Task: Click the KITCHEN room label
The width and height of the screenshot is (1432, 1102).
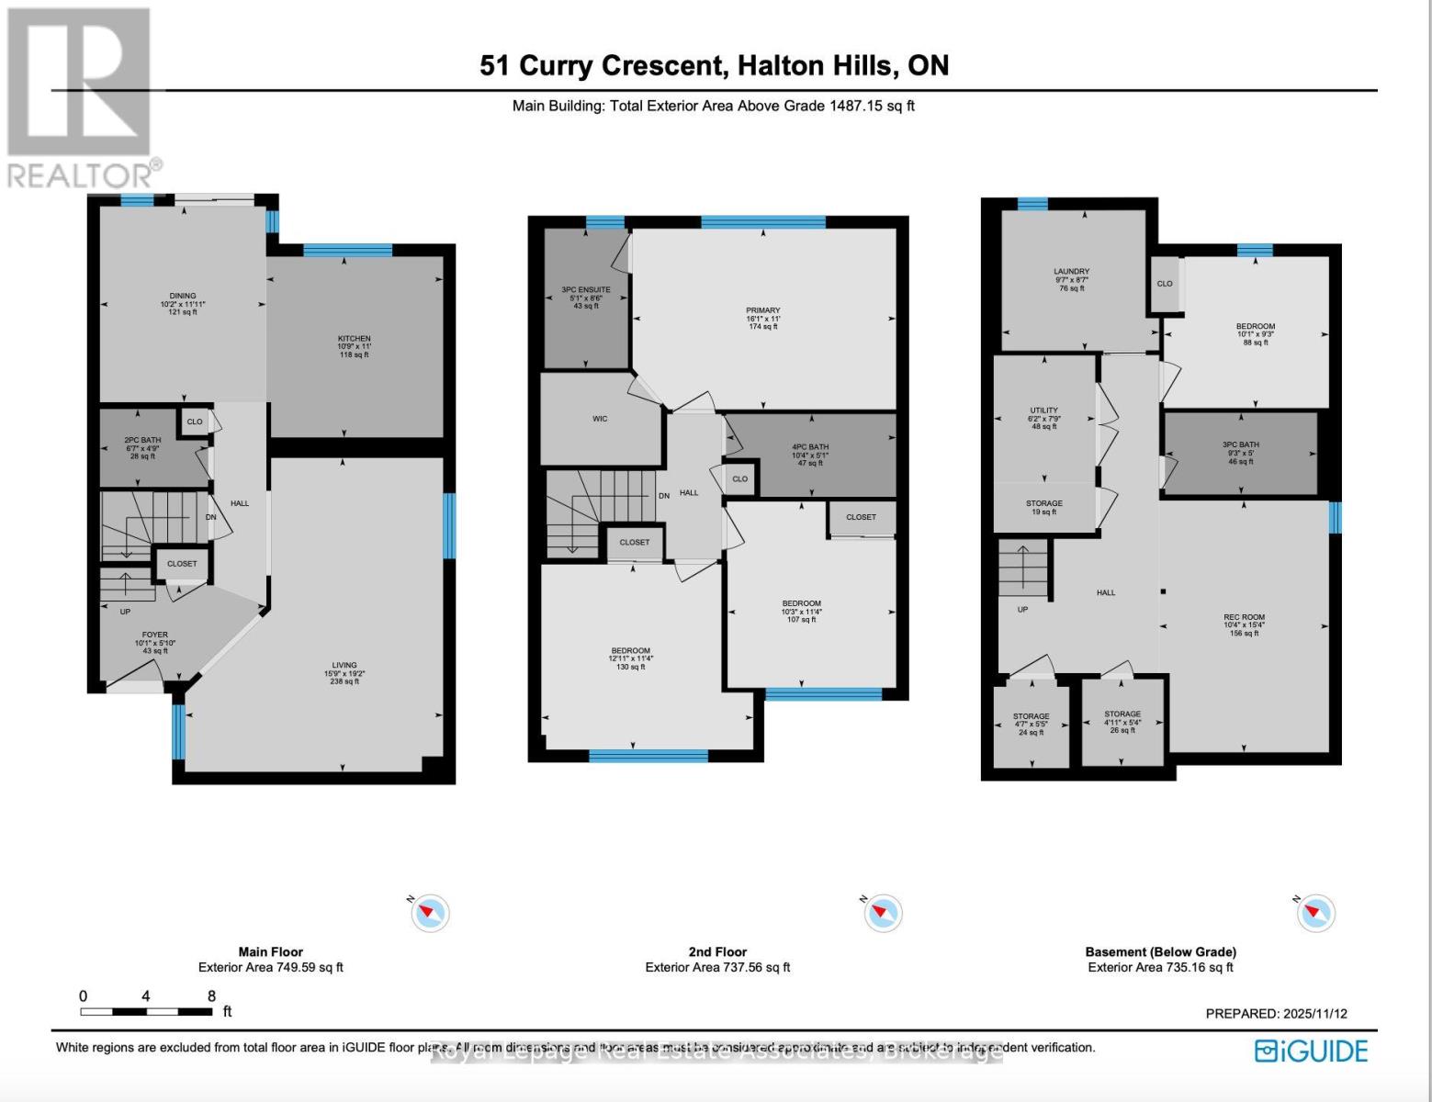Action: point(354,339)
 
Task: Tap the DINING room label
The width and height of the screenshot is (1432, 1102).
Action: point(182,297)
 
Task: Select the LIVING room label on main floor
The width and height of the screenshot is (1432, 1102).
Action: point(344,666)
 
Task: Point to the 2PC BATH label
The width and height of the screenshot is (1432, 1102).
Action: point(142,441)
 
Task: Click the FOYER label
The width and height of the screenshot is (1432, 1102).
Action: point(154,635)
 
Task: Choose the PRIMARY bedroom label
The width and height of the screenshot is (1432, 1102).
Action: point(762,311)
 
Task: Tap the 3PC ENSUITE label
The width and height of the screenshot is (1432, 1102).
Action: point(585,290)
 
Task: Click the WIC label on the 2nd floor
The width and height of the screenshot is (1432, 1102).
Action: point(600,419)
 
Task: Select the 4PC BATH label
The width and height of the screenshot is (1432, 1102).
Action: point(810,447)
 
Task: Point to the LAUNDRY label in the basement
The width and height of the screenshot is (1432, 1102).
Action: point(1071,272)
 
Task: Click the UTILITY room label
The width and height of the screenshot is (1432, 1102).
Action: point(1043,410)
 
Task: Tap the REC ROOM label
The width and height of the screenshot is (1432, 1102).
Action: point(1244,618)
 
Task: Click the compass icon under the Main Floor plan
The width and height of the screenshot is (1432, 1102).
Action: point(429,913)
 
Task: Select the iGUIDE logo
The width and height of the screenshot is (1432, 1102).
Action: point(1311,1051)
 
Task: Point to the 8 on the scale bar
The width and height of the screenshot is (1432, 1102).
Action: point(211,996)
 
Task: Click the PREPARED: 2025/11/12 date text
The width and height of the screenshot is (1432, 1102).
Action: point(1276,1014)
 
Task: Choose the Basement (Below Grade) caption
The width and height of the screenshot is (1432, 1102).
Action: point(1160,952)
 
